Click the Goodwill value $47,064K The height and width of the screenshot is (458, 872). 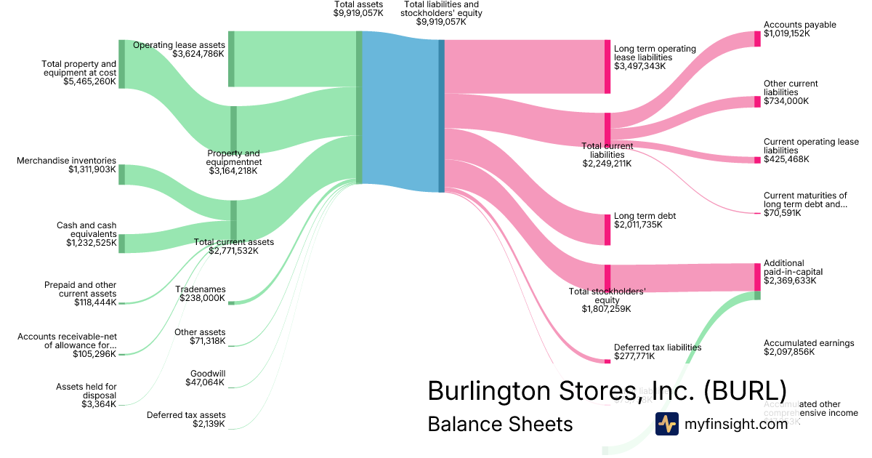point(206,382)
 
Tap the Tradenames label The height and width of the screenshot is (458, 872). point(201,289)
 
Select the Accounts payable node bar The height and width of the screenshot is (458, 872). point(757,39)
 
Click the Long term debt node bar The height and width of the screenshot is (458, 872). point(607,230)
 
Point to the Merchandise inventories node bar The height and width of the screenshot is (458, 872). point(121,174)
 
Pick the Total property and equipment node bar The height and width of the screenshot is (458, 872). point(121,64)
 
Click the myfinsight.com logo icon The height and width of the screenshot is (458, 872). point(666,423)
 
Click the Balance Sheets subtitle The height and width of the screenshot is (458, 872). point(500,423)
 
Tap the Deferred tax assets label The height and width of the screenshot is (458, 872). point(186,415)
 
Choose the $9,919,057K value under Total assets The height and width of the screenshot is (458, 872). point(358,13)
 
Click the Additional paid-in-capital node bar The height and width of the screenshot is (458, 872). point(757,277)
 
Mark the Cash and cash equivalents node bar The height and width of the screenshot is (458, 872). point(121,244)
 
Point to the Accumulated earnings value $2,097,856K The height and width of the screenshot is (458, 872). point(789,352)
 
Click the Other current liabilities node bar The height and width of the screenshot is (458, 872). point(757,101)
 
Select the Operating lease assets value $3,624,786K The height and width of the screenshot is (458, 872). point(198,54)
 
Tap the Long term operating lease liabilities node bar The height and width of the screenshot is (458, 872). point(607,67)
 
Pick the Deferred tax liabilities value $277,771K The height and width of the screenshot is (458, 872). point(634,356)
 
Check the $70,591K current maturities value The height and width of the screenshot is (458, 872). point(783,214)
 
